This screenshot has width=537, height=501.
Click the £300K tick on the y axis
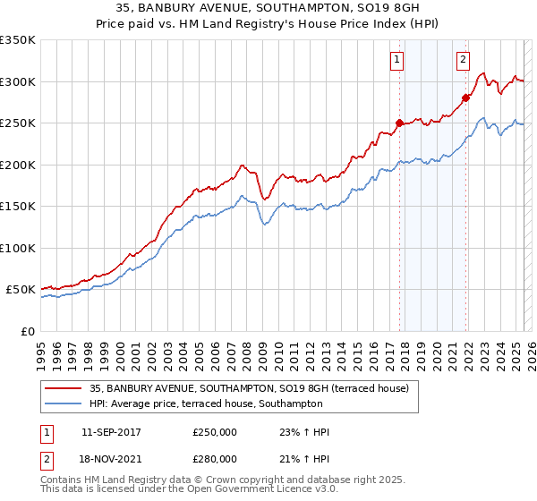(18, 81)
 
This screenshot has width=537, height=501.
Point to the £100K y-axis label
(18, 248)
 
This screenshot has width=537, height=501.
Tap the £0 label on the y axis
(27, 331)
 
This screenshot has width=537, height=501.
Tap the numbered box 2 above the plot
(463, 61)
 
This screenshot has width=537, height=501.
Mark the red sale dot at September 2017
(399, 123)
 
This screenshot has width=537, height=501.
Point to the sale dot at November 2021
(465, 98)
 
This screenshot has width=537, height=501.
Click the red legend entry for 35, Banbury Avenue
(249, 388)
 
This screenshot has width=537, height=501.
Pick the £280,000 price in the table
(215, 458)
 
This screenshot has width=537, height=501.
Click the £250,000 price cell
(215, 432)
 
